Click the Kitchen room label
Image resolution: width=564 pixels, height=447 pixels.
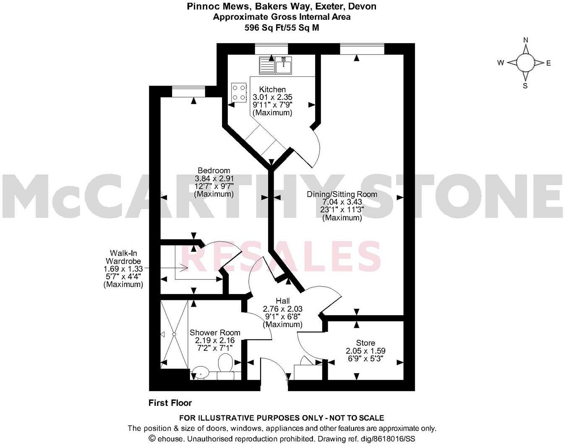272,89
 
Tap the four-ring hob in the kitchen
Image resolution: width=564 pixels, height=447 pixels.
239,92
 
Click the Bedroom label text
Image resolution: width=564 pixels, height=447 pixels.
214,171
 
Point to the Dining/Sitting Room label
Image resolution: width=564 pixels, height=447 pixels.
342,194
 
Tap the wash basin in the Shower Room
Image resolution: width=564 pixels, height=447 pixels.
201,371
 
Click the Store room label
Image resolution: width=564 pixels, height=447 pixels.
365,343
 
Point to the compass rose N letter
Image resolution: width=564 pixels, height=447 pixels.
525,40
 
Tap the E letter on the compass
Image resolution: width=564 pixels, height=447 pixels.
548,63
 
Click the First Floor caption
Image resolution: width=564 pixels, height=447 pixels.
170,403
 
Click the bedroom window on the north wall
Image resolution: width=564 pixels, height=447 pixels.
188,92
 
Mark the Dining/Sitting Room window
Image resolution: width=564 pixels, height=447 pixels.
362,49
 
